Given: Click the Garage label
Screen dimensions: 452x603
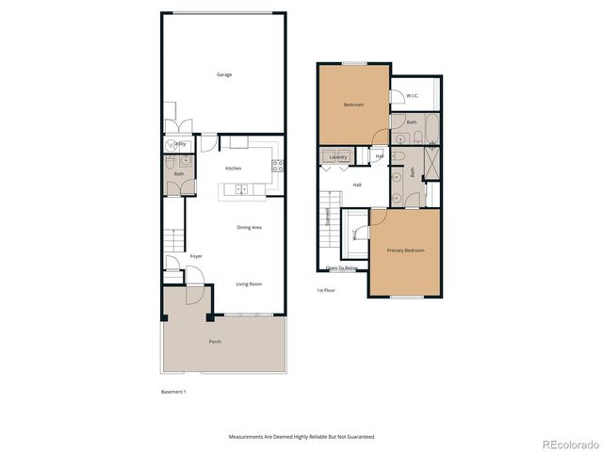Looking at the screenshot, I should coord(224,74).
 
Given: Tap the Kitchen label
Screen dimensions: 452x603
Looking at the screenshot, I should coord(233,168).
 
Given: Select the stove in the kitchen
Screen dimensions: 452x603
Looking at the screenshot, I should coord(277,166).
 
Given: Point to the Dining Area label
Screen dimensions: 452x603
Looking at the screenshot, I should coord(249,227).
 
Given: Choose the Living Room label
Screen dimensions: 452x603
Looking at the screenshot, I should coord(249,283).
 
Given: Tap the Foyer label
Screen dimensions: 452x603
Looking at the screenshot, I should coord(196,256).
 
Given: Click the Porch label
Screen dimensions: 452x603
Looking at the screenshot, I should coord(215,341).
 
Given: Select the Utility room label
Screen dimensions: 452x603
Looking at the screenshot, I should coord(179,144).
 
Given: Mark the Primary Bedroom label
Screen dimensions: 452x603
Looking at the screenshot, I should coord(406,250).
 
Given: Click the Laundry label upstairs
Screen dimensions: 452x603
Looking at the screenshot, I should coord(338,157).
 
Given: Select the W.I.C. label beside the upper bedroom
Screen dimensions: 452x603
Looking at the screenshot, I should coord(413,95).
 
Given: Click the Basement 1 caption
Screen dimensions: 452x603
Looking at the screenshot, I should coord(173,391).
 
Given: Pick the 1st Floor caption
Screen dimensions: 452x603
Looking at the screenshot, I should coord(327,289).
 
